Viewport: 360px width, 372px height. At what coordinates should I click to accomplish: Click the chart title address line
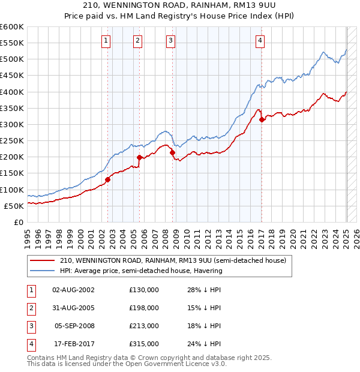(179, 7)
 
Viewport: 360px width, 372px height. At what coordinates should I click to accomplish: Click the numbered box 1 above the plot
(106, 41)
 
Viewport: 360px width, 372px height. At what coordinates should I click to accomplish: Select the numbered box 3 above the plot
(170, 41)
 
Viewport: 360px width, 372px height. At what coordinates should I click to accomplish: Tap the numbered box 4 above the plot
(260, 41)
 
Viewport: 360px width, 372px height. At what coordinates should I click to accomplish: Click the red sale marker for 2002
(108, 179)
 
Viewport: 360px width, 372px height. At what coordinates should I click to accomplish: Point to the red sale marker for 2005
(140, 157)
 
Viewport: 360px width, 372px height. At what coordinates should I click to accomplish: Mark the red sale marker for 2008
(172, 152)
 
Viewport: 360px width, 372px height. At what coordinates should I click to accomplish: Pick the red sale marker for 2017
(262, 119)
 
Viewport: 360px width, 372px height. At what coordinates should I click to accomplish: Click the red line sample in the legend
(42, 260)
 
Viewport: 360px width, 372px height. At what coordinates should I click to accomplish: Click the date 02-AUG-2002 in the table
(73, 290)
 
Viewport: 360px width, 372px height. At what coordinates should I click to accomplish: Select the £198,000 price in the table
(144, 308)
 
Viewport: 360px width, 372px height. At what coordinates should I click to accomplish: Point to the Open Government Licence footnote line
(127, 364)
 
